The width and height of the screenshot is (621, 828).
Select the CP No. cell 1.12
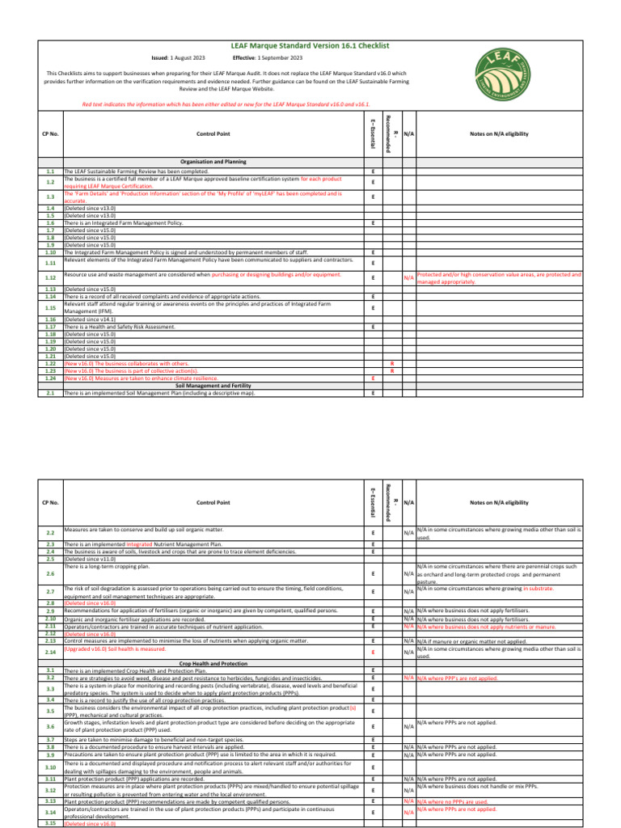coord(50,277)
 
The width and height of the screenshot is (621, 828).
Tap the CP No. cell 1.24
coord(50,378)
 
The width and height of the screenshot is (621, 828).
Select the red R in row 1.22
coord(392,364)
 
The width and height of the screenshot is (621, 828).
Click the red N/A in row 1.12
coord(409,278)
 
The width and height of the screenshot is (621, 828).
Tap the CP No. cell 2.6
coord(50,573)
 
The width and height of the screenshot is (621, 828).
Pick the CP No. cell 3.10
coord(50,767)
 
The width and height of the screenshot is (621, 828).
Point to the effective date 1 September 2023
coord(280,58)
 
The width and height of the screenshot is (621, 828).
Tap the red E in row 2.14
coord(373,652)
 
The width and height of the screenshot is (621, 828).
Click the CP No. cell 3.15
coord(50,822)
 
